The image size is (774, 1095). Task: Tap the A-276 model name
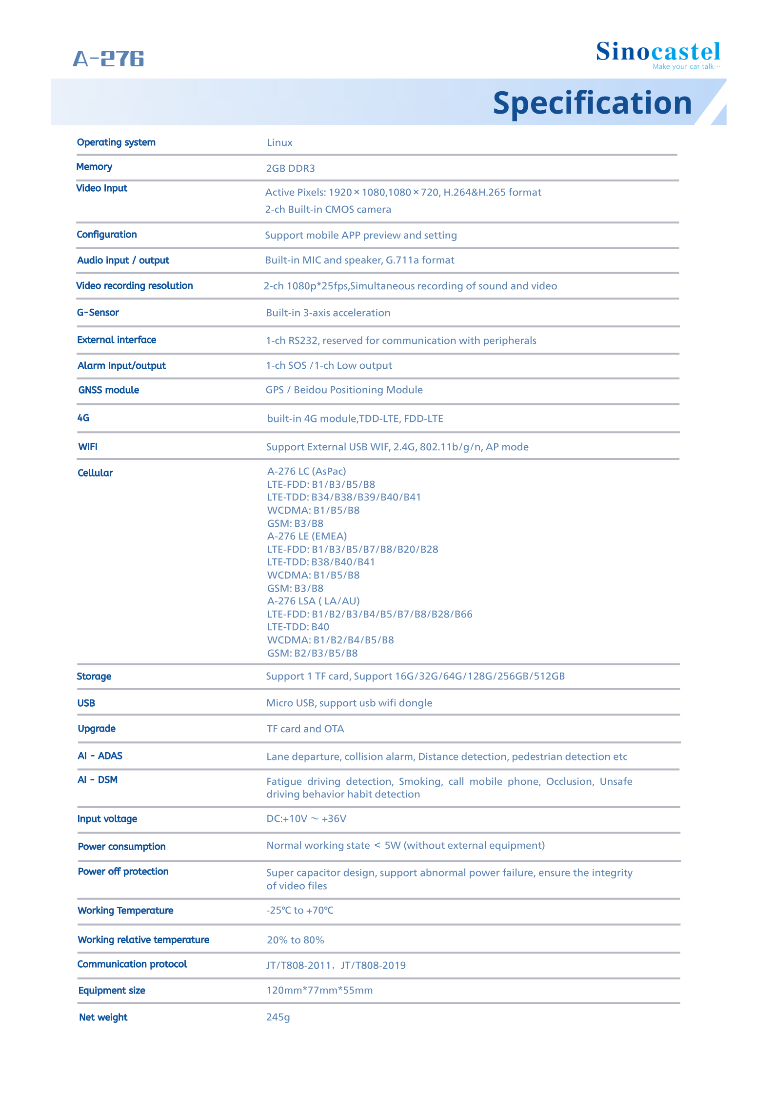click(x=108, y=59)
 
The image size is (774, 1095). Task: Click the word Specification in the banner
click(x=592, y=103)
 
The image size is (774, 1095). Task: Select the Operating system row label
click(x=116, y=142)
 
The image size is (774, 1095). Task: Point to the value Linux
click(x=279, y=143)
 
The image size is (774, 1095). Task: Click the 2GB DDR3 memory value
click(x=290, y=168)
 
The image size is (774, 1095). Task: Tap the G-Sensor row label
click(x=98, y=313)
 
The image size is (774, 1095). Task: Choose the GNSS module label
click(x=109, y=390)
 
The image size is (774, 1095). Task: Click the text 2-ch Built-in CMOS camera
click(x=328, y=209)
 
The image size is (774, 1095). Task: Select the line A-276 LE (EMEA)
click(x=307, y=536)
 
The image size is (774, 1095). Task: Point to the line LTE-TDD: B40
click(x=298, y=627)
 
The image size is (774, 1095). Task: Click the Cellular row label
click(x=95, y=473)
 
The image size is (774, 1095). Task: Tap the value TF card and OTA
click(x=305, y=729)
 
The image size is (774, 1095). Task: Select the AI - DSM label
click(x=98, y=780)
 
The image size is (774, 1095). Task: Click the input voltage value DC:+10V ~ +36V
click(x=306, y=818)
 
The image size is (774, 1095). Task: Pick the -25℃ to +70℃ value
click(x=300, y=911)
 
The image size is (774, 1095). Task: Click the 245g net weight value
click(x=278, y=1017)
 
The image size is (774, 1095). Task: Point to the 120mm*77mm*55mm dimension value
click(x=319, y=990)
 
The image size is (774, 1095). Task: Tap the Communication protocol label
click(x=132, y=964)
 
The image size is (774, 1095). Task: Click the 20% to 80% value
click(x=295, y=940)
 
